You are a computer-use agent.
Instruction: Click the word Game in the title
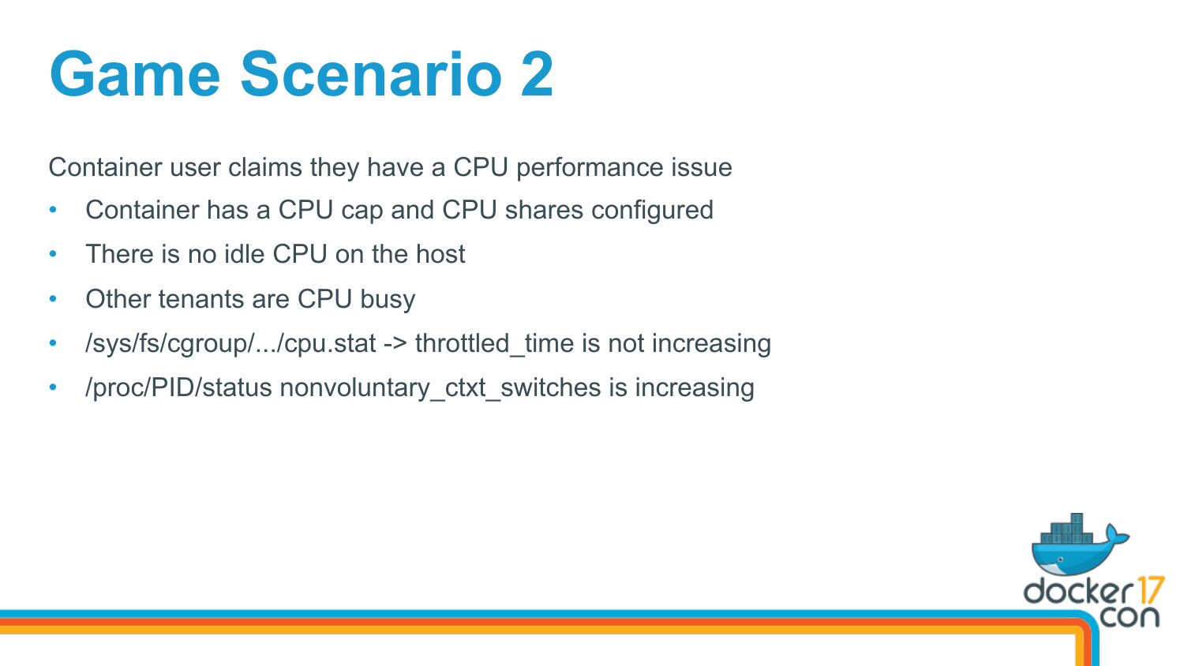point(135,74)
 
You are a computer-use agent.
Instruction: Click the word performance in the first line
point(590,168)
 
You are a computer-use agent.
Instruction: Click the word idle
point(244,254)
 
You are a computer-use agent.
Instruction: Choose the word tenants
point(200,298)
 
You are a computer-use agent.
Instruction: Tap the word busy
point(388,300)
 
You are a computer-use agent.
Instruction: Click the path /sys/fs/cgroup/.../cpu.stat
point(230,343)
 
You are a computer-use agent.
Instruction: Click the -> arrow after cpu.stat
point(395,344)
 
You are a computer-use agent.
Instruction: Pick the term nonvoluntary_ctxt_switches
point(440,388)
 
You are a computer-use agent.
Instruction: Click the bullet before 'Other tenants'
point(53,298)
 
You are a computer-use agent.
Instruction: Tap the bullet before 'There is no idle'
point(53,254)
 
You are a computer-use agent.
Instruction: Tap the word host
point(440,254)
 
